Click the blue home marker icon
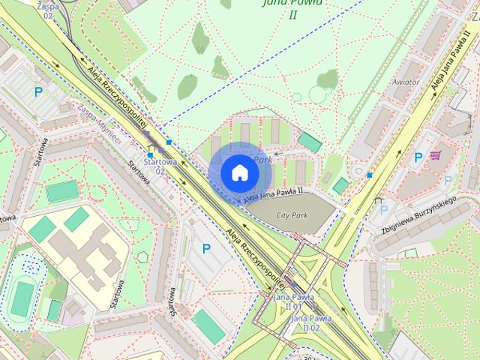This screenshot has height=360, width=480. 238,172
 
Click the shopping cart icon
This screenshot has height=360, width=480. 436,156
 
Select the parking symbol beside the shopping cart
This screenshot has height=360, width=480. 418,157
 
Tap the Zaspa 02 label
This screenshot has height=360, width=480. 48,10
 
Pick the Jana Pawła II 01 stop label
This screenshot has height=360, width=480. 288,301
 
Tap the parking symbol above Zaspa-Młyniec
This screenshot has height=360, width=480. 37,91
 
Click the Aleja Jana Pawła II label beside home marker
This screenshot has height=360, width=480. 273,193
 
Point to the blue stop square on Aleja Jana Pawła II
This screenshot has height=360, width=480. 370,175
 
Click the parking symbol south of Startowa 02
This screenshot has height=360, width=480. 206,248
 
